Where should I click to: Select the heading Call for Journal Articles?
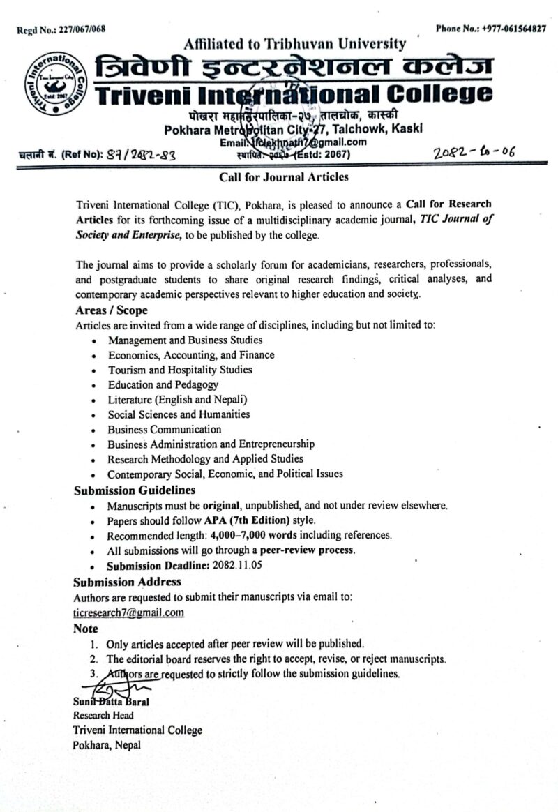(284, 177)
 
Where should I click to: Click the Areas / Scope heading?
(112, 310)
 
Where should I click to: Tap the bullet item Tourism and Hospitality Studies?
(180, 370)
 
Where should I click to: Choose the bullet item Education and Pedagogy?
(163, 384)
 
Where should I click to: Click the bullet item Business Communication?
(165, 429)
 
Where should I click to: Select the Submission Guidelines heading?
(135, 490)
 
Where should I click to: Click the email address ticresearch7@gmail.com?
(129, 612)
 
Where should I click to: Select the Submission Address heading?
(128, 581)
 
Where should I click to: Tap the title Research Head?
(103, 715)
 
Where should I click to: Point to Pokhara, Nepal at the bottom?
(107, 745)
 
